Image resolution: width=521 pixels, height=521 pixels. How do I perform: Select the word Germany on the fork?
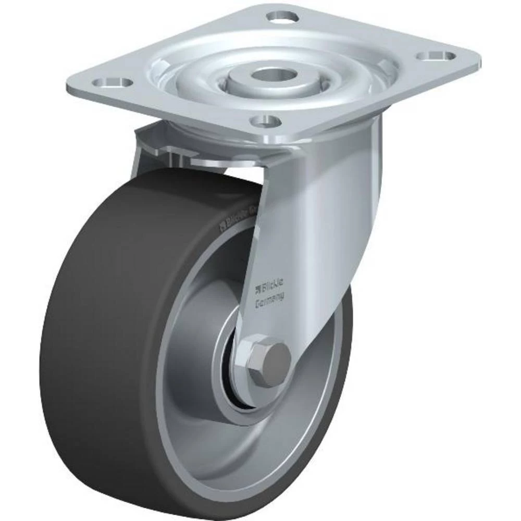point(269,300)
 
